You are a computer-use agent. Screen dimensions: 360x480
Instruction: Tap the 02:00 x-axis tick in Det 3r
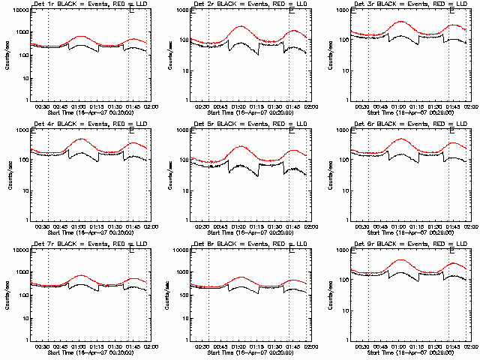pos(470,105)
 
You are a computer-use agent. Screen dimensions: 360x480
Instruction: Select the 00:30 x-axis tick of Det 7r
pos(43,345)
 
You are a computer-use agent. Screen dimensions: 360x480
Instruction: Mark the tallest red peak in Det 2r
pos(241,26)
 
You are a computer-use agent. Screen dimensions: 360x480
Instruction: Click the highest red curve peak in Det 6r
pos(400,139)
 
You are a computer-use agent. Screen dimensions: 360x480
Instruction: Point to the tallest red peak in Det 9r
pos(402,259)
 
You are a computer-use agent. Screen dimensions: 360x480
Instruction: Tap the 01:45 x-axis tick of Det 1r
pos(133,105)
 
